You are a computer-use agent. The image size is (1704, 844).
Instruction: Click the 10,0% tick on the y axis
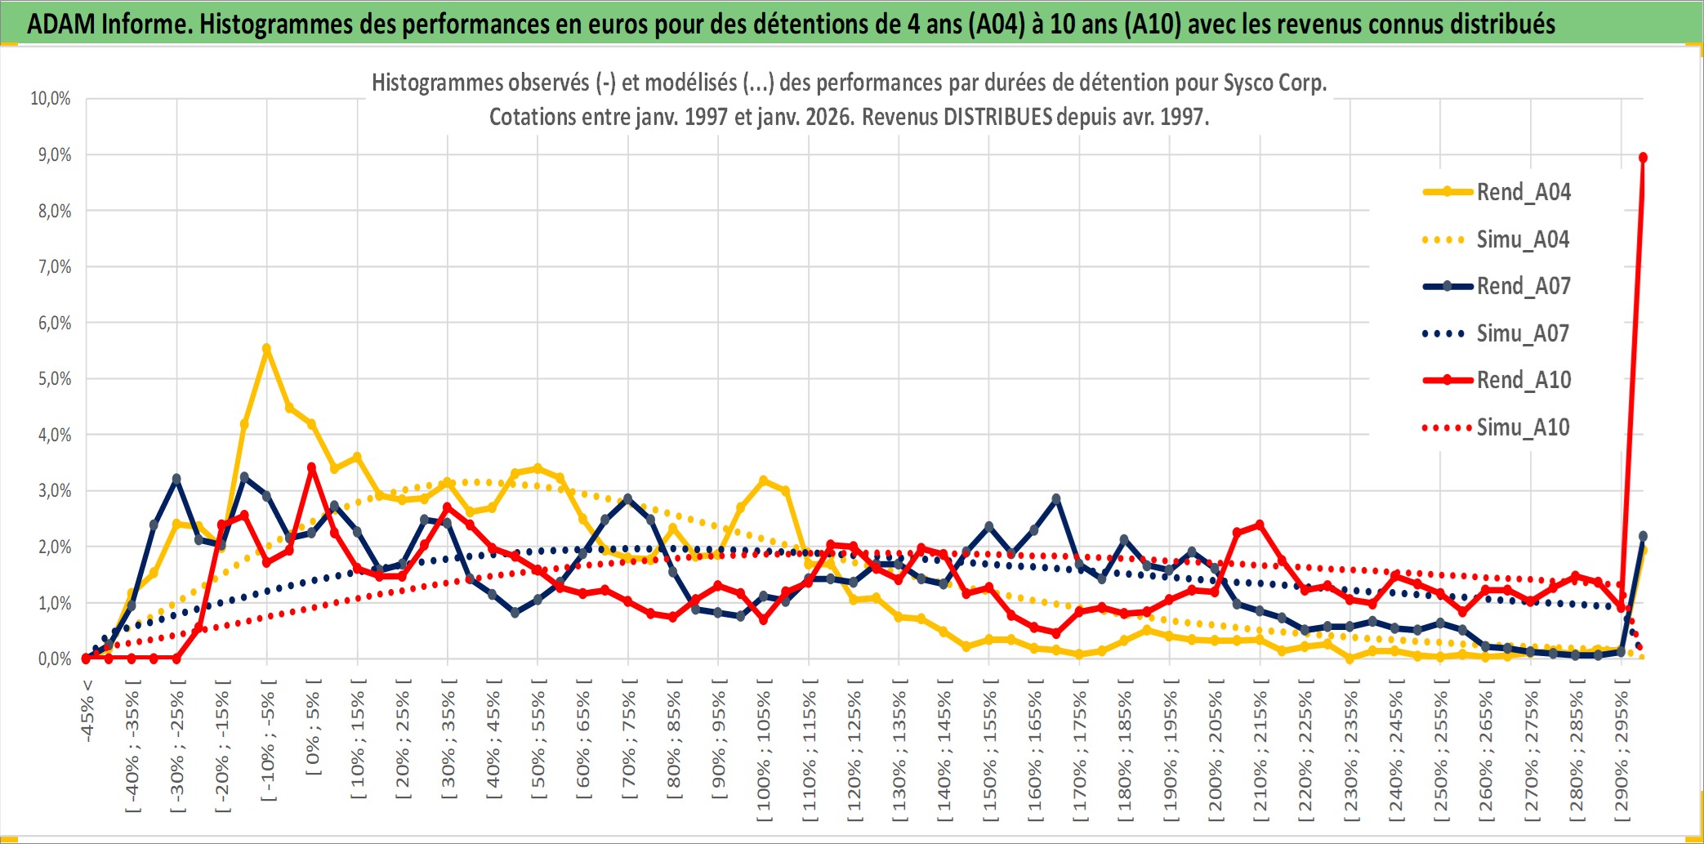(x=51, y=99)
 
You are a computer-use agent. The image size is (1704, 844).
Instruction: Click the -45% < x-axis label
(x=87, y=711)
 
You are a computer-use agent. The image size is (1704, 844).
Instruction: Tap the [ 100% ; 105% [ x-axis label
(x=764, y=751)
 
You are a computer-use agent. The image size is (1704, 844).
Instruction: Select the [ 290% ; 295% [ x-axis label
(x=1621, y=751)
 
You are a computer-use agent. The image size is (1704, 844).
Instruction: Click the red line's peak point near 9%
(x=1643, y=158)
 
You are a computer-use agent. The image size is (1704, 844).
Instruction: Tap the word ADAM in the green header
(x=61, y=25)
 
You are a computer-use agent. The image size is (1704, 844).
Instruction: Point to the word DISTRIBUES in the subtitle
(x=997, y=118)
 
